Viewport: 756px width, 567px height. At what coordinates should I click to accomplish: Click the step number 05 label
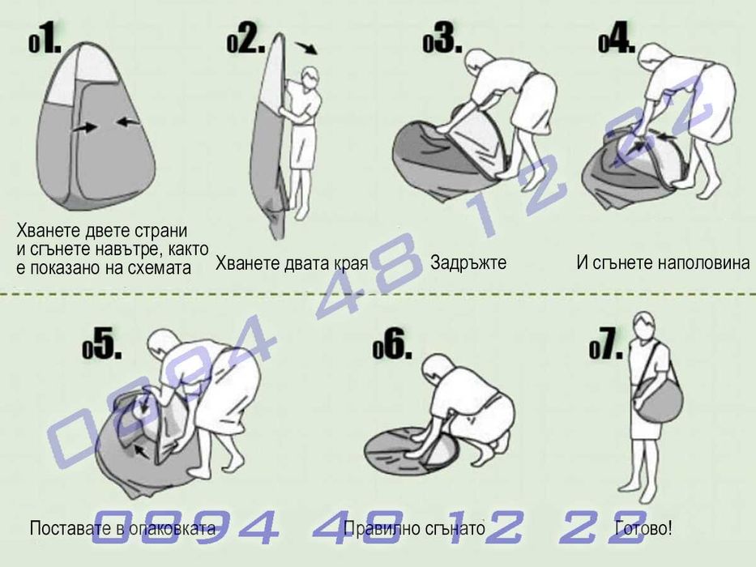click(102, 345)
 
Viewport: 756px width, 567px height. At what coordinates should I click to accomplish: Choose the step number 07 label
click(606, 347)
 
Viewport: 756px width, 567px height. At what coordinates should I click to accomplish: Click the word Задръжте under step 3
click(468, 263)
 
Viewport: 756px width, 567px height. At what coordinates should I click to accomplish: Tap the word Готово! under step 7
click(643, 529)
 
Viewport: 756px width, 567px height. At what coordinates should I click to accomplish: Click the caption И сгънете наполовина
click(663, 263)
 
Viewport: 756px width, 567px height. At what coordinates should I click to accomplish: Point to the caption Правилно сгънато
click(414, 529)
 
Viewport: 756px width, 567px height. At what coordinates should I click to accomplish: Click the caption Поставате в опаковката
click(122, 529)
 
